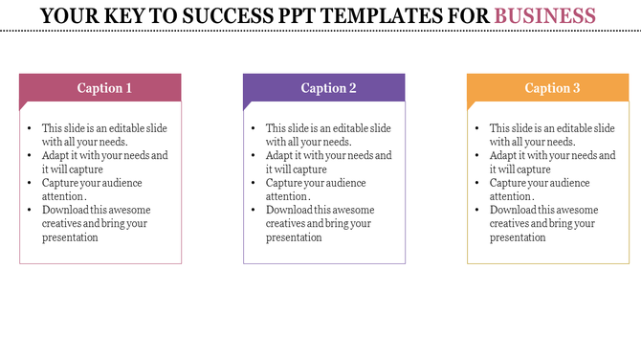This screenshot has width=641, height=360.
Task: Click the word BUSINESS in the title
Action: click(545, 15)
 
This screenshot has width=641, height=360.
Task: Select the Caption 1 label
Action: click(104, 88)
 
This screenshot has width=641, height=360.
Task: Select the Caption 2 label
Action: click(328, 88)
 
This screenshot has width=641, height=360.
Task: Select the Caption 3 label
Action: click(552, 88)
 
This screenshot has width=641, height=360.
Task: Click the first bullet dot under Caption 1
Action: click(31, 128)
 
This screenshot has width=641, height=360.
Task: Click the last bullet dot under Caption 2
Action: click(254, 210)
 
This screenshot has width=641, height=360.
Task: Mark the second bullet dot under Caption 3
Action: click(478, 155)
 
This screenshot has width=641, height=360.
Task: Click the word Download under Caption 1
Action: click(64, 210)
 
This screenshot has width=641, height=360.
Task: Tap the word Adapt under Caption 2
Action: click(280, 155)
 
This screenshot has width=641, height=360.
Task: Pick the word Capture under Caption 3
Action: click(509, 183)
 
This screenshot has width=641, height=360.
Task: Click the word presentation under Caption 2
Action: click(294, 236)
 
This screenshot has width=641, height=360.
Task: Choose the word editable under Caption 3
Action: click(570, 128)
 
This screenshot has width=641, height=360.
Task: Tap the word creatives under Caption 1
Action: click(62, 223)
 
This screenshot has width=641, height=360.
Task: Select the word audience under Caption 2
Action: click(342, 183)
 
